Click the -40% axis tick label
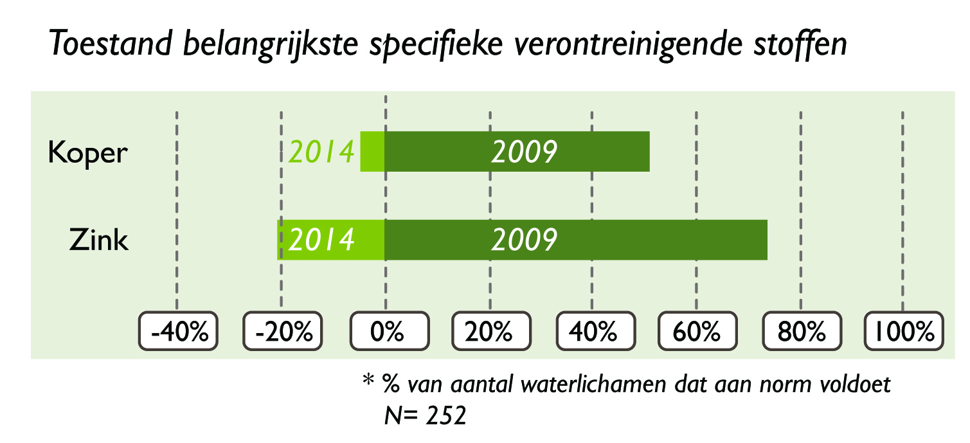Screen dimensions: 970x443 (x=178, y=331)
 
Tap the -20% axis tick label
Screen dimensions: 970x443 (x=283, y=331)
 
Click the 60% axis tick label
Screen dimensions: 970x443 (x=697, y=331)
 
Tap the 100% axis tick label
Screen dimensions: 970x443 (x=904, y=331)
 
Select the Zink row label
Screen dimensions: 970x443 (x=99, y=240)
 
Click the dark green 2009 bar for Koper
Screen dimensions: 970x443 (x=517, y=152)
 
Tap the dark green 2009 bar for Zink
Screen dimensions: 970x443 (x=576, y=240)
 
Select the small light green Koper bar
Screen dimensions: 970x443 (x=372, y=152)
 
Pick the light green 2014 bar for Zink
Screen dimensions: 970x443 (x=331, y=240)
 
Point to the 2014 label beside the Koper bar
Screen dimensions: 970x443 (x=321, y=152)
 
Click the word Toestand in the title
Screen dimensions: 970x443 (x=111, y=43)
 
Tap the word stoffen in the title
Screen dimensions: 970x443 (x=800, y=43)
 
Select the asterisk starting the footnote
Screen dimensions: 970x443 (x=368, y=380)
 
